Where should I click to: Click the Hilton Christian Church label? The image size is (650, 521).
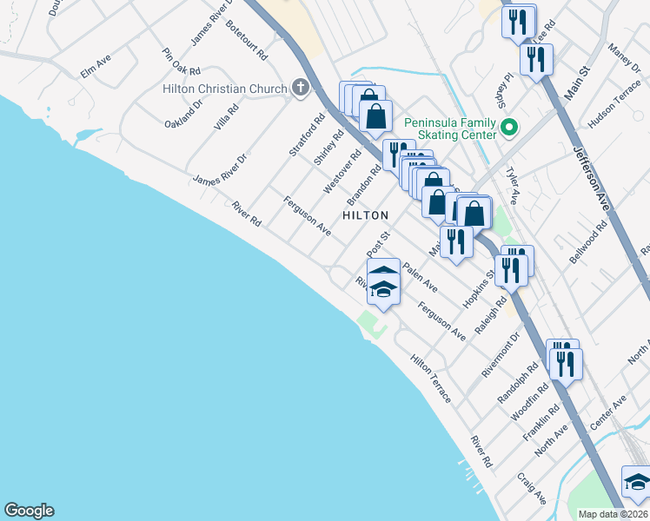click(224, 89)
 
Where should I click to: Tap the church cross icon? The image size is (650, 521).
click(301, 87)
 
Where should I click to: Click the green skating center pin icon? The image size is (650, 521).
click(510, 129)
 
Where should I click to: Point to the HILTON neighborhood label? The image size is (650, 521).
click(365, 214)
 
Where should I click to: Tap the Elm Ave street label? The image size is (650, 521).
click(96, 67)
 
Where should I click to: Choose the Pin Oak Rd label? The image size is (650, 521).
click(182, 60)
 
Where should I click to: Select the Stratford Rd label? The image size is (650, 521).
click(301, 134)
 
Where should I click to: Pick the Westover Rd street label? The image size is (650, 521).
click(342, 171)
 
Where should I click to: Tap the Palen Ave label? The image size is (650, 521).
click(420, 278)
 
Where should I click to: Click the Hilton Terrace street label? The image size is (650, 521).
click(431, 379)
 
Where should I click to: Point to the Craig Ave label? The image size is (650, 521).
click(532, 488)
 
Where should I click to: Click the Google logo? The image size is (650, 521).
click(29, 511)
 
